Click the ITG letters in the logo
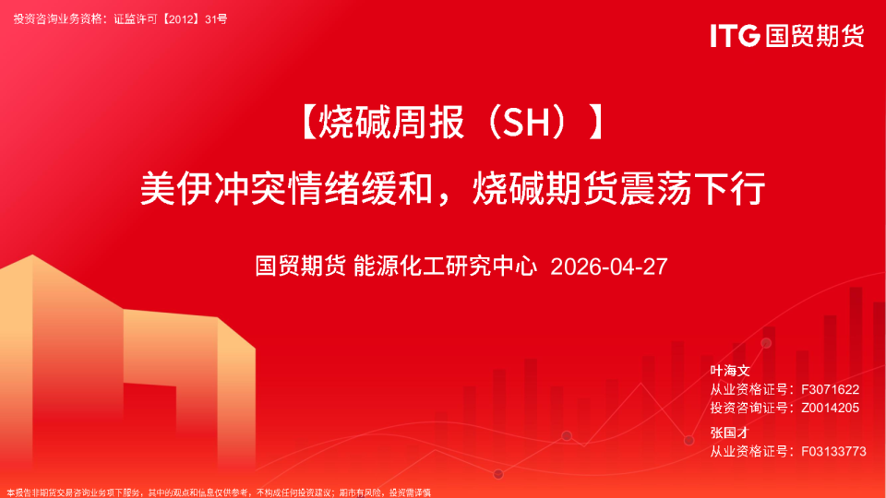coord(735,35)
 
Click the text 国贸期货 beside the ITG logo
coord(814,35)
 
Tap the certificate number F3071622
coord(831,390)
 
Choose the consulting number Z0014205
coord(831,408)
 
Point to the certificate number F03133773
coord(833,451)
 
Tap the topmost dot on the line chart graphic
coord(766,343)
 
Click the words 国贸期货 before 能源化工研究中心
coord(301,267)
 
